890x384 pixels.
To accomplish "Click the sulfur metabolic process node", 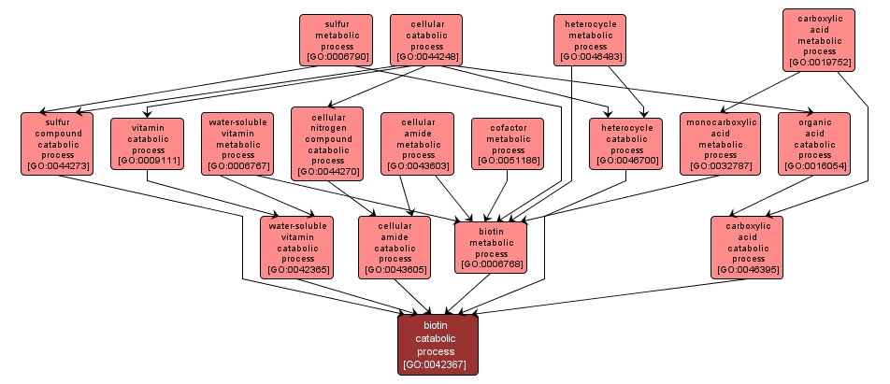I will tap(336, 39).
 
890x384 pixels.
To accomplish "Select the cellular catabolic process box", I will tap(426, 39).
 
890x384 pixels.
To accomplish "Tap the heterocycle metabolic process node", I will tap(590, 39).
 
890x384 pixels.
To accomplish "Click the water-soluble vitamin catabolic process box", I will tap(297, 247).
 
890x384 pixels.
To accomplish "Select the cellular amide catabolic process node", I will tap(395, 247).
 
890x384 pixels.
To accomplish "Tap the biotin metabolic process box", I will tap(491, 247).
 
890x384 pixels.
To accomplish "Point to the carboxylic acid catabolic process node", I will tap(747, 247).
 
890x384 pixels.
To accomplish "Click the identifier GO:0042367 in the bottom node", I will tap(438, 364).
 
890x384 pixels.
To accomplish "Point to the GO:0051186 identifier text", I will tap(508, 161).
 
